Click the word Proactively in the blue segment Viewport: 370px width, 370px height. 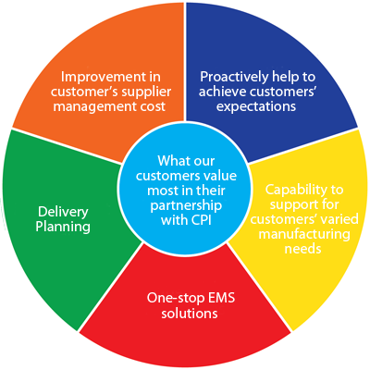pyautogui.click(x=234, y=77)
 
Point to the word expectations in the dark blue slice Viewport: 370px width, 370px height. pyautogui.click(x=256, y=107)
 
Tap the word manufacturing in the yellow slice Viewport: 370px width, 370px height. pyautogui.click(x=304, y=234)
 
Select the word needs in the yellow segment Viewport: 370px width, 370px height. pyautogui.click(x=302, y=249)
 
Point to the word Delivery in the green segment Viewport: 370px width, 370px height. pyautogui.click(x=63, y=212)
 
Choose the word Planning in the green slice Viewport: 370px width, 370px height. pyautogui.click(x=63, y=228)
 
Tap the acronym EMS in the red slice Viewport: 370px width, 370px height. pyautogui.click(x=221, y=298)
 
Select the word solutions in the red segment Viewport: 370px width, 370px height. pyautogui.click(x=190, y=314)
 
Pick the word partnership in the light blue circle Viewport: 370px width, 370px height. pyautogui.click(x=186, y=206)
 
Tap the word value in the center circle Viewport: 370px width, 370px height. pyautogui.click(x=219, y=176)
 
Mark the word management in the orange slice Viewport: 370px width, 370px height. pyautogui.click(x=94, y=107)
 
